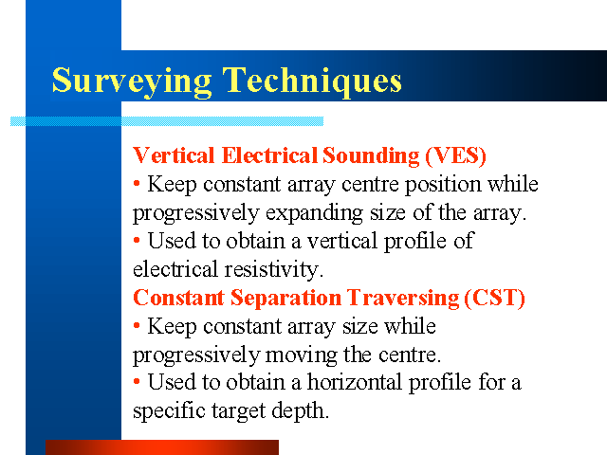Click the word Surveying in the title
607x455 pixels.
click(132, 82)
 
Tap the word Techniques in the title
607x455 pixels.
click(312, 82)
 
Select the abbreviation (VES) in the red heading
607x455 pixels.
click(455, 155)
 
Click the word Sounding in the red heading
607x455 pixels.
click(371, 155)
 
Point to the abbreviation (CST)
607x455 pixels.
click(494, 298)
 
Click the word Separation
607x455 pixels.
click(285, 299)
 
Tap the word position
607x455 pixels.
click(443, 185)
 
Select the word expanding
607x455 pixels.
click(314, 213)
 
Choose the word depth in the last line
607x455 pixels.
click(300, 410)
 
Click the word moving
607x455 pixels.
click(301, 355)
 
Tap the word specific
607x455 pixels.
click(169, 410)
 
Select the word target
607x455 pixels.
click(238, 411)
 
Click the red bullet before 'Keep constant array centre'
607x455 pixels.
click(137, 183)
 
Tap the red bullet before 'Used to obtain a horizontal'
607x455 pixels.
click(137, 381)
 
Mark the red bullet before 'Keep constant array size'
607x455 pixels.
click(137, 326)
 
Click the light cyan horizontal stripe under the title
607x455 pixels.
click(167, 121)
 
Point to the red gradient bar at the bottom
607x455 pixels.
click(162, 447)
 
